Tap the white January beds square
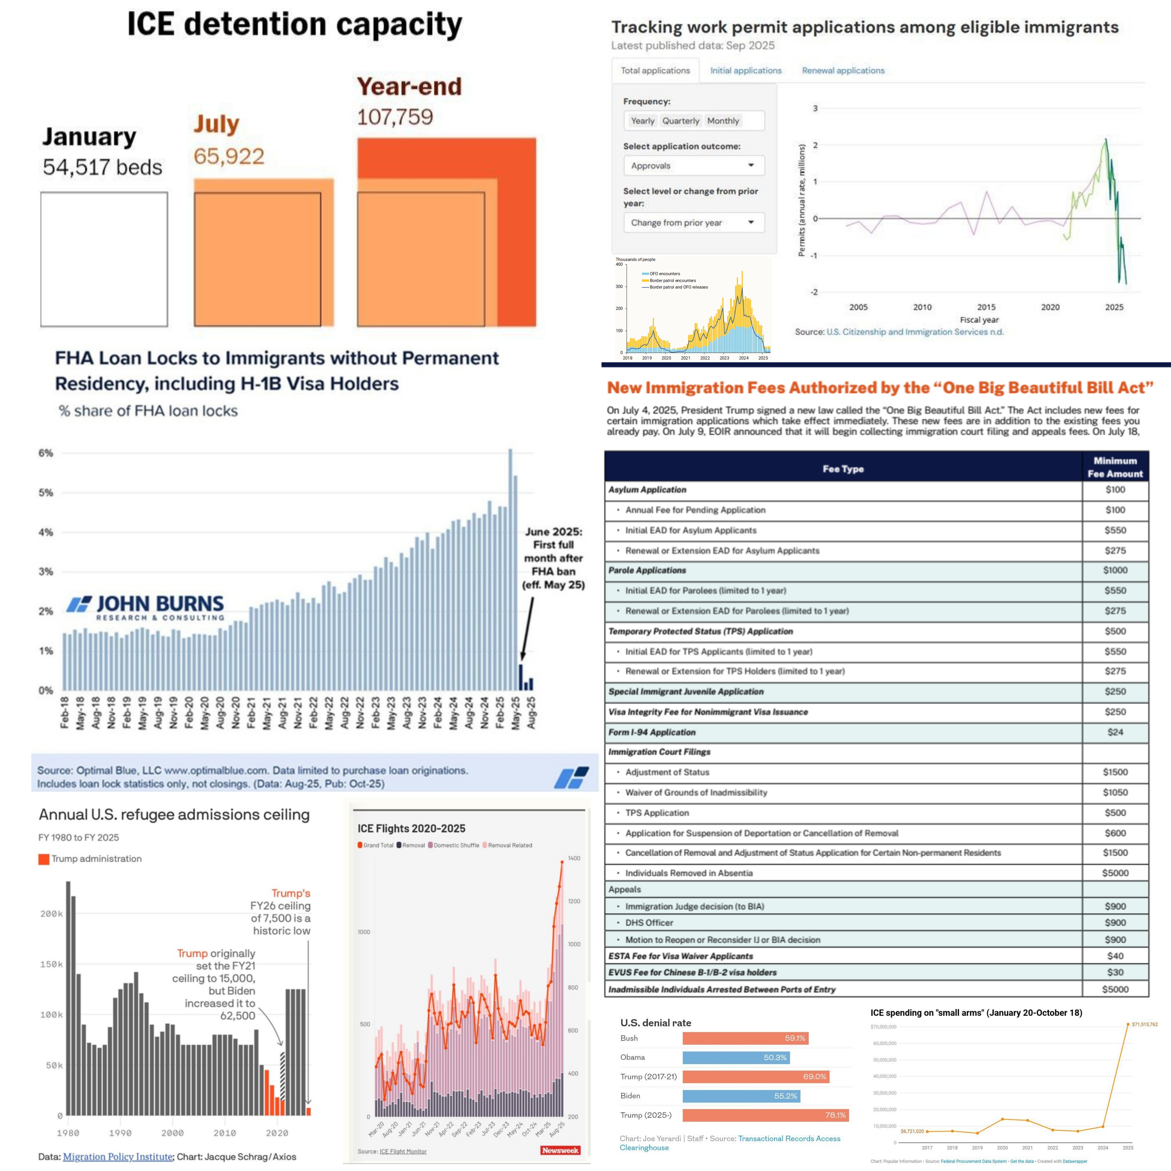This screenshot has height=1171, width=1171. pos(104,259)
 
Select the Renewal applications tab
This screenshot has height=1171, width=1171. pos(843,70)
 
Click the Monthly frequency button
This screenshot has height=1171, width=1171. pos(723,121)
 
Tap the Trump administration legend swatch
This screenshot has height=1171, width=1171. pos(44,859)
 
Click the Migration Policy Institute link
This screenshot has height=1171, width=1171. pos(118,1156)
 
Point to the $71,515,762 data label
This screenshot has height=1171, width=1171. pos(1144,1024)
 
